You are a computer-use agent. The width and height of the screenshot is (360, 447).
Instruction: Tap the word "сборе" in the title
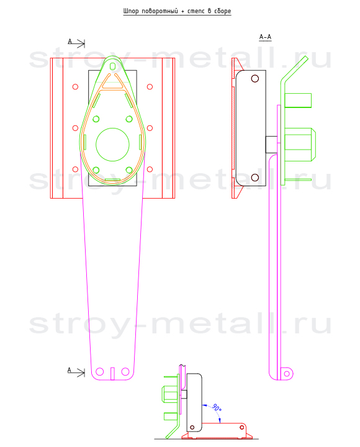pyautogui.click(x=222, y=11)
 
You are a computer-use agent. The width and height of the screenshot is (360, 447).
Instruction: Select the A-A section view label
pyautogui.click(x=265, y=37)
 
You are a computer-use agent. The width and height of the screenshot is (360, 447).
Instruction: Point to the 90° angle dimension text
pyautogui.click(x=217, y=408)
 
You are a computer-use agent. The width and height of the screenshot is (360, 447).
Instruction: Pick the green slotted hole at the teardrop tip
pyautogui.click(x=112, y=66)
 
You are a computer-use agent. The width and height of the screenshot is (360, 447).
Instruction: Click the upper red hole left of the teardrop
pyautogui.click(x=75, y=87)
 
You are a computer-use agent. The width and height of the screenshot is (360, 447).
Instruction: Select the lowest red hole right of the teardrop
pyautogui.click(x=150, y=169)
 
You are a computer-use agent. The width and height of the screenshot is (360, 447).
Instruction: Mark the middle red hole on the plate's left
pyautogui.click(x=75, y=128)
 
